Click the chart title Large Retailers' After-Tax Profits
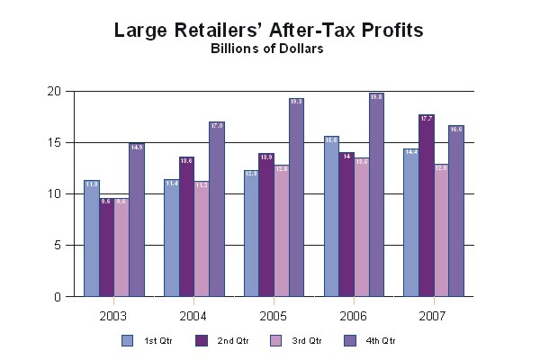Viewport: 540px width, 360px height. tap(269, 31)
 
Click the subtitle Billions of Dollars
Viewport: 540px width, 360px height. tap(269, 49)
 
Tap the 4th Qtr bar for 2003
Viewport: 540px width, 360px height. tap(136, 220)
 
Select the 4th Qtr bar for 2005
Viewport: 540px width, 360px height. tap(296, 197)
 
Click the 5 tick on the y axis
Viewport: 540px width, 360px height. tap(57, 246)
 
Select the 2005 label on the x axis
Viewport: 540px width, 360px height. tap(274, 317)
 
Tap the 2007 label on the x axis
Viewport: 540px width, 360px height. tap(433, 317)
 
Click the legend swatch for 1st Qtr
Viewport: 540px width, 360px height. tap(127, 340)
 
